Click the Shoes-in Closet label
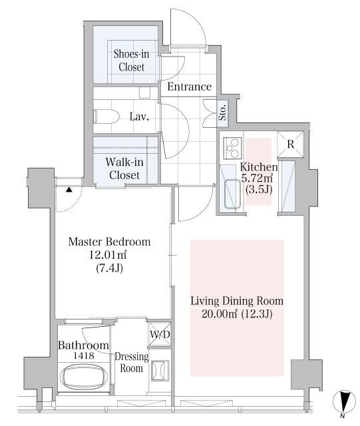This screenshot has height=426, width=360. tap(131, 61)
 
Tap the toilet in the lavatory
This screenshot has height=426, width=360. tap(106, 116)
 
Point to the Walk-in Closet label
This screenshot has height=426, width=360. tap(124, 168)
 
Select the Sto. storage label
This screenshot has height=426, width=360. tap(223, 112)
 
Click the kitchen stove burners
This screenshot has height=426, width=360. tap(233, 148)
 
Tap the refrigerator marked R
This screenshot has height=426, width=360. tap(290, 144)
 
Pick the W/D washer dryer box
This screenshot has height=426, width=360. tap(160, 334)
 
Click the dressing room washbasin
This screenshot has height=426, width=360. tap(160, 370)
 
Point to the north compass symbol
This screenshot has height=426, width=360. tap(344, 401)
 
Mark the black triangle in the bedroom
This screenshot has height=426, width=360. tap(69, 189)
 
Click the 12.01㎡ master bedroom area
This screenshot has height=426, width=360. tap(108, 255)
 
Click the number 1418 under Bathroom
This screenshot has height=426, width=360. tap(84, 355)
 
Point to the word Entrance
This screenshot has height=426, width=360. tap(190, 87)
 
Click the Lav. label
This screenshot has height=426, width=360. tap(139, 116)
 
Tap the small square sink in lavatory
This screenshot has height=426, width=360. tap(144, 93)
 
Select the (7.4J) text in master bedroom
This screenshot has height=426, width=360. tap(109, 268)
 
